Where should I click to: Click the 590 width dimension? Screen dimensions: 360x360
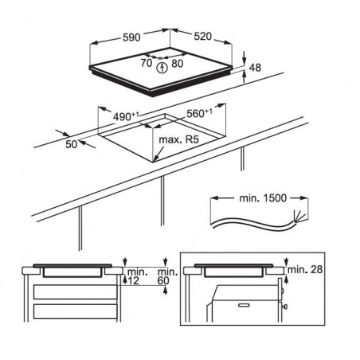pos(131,37)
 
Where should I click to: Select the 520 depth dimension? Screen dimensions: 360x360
pos(202,36)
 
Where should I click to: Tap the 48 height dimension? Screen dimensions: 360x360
pos(255,68)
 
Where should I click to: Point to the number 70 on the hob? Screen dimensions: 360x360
pos(147,63)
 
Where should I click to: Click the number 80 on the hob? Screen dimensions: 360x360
pos(178,64)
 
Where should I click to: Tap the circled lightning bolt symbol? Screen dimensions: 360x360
pos(162,68)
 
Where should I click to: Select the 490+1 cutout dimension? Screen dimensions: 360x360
pos(126,116)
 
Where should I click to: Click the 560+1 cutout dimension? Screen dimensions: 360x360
pos(199,113)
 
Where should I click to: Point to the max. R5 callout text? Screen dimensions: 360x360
pos(178,139)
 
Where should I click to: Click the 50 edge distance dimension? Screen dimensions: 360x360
pos(71,144)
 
